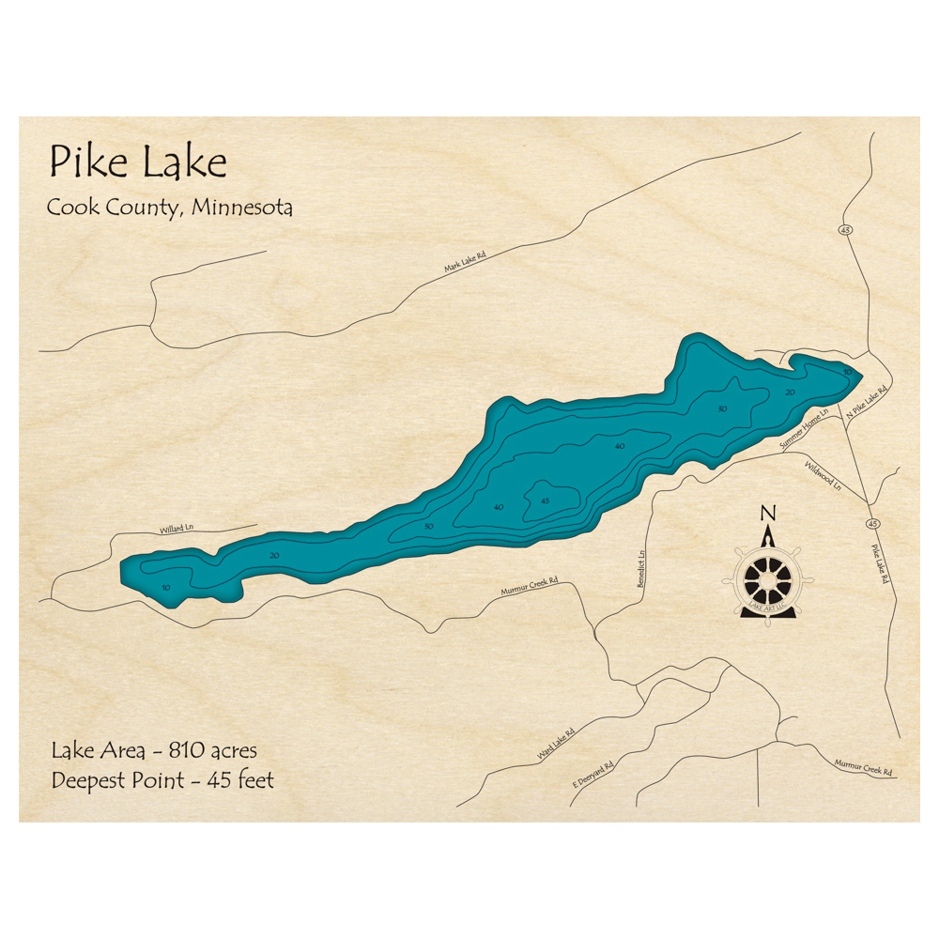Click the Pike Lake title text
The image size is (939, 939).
click(137, 162)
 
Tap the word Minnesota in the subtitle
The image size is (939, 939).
click(241, 207)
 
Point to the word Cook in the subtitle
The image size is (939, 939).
click(69, 208)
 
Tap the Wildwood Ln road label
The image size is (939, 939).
click(823, 477)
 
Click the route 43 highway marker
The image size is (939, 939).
click(846, 229)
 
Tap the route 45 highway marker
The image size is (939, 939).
click(873, 523)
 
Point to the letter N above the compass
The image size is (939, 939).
click(768, 514)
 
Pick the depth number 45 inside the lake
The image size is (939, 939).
click(545, 500)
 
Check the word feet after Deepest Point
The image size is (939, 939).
click(254, 780)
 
